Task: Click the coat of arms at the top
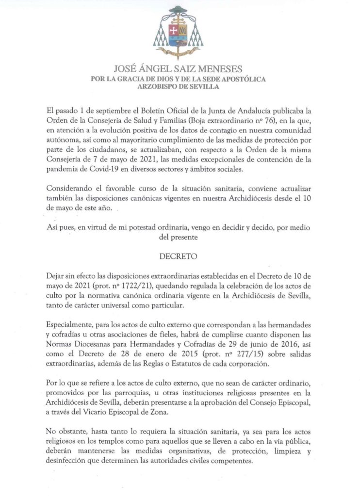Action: click(178, 32)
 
